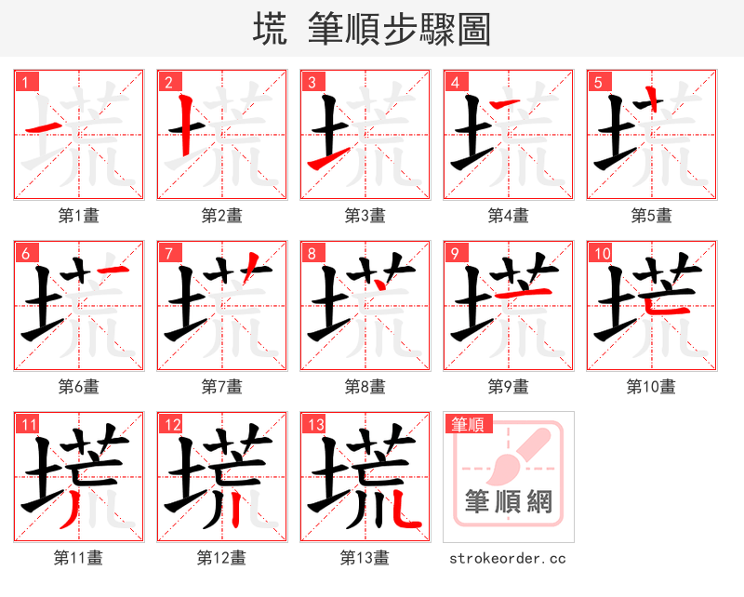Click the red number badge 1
pyautogui.click(x=25, y=82)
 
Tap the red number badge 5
pyautogui.click(x=598, y=82)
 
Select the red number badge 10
pyautogui.click(x=601, y=253)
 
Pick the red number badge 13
pyautogui.click(x=314, y=424)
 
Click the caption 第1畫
pyautogui.click(x=79, y=216)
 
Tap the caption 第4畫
pyautogui.click(x=509, y=216)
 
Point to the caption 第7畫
pyautogui.click(x=222, y=386)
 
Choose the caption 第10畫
pyautogui.click(x=651, y=386)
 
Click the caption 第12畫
pyautogui.click(x=222, y=558)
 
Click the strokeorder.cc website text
pyautogui.click(x=508, y=559)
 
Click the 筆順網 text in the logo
pyautogui.click(x=509, y=503)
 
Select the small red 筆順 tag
pyautogui.click(x=467, y=424)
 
